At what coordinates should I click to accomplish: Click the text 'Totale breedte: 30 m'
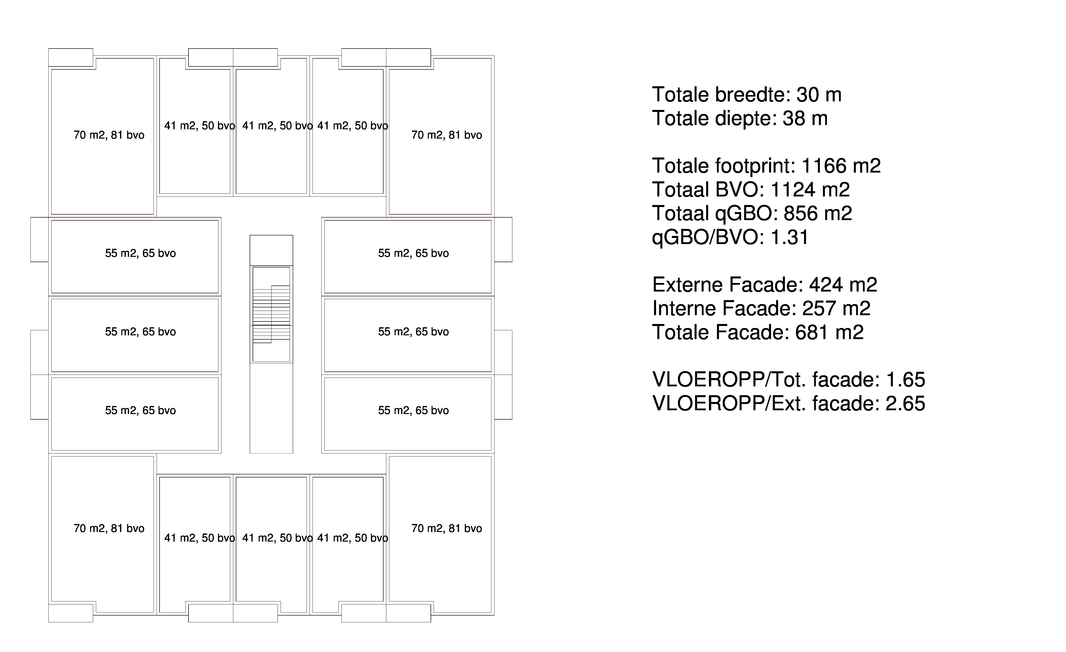747,95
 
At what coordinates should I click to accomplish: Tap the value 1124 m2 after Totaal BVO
810,189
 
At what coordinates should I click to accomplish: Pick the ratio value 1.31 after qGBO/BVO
790,237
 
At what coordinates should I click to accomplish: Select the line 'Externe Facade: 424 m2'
765,284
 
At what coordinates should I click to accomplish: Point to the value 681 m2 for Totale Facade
829,332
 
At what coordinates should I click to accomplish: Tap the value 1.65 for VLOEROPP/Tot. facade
905,380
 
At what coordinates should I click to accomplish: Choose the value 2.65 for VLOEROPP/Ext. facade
905,403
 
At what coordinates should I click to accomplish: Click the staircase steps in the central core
271,314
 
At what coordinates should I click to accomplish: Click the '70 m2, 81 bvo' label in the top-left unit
109,135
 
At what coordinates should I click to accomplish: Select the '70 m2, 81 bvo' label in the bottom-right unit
446,528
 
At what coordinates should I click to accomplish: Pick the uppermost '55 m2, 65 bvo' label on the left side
141,253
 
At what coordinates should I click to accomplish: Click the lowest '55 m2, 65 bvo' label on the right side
414,410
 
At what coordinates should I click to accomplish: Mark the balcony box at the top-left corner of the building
70,58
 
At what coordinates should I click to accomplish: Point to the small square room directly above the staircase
271,250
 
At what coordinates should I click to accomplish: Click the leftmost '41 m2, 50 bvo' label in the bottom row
200,538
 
